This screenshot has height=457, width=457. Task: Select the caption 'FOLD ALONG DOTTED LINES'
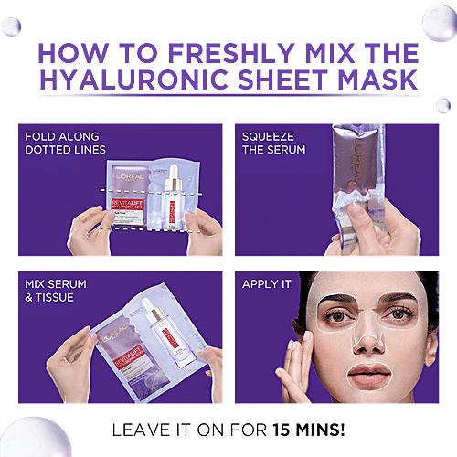65,143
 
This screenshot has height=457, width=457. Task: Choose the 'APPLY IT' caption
266,284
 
